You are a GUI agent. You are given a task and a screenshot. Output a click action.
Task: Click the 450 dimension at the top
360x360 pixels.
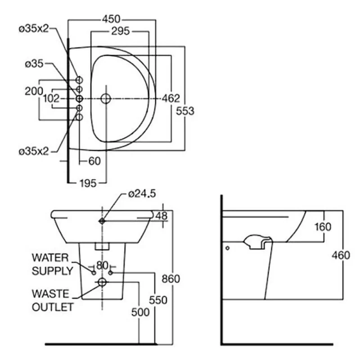point(111,19)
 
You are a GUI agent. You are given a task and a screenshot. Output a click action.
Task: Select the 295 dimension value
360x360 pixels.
point(120,31)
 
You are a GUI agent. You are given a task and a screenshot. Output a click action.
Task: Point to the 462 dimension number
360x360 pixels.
point(171,99)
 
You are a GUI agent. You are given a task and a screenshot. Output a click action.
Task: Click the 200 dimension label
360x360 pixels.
point(34,91)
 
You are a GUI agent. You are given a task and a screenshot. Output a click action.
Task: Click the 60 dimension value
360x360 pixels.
point(94,161)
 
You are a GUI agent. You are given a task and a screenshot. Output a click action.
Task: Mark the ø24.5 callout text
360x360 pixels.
point(142,194)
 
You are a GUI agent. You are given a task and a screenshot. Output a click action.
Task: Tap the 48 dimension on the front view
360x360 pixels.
point(161,216)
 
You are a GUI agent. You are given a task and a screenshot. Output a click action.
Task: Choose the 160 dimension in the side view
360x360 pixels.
point(322,227)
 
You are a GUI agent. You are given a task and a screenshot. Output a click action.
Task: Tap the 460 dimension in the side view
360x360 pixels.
point(341,255)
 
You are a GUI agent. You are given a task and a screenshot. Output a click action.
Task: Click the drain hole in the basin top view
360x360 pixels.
point(106,98)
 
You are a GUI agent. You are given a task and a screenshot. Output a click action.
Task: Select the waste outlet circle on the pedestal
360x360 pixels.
point(102,283)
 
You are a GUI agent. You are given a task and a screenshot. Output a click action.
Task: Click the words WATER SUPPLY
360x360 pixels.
point(52,264)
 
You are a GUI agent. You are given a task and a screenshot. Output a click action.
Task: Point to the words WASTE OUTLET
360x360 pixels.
point(52,301)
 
